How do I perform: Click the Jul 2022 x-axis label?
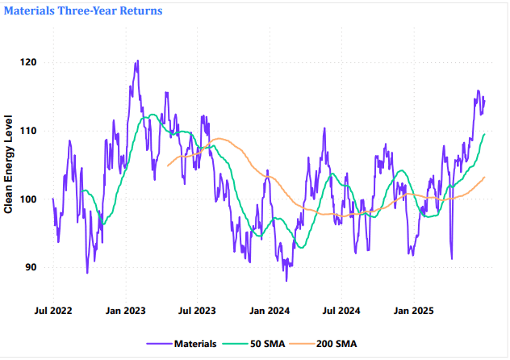pos(53,310)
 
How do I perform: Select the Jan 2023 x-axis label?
pos(126,310)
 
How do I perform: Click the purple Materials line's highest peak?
pos(137,61)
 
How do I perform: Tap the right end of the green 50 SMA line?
pos(484,134)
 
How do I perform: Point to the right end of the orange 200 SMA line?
pos(484,177)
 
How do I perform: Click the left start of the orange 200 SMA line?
pos(168,165)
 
